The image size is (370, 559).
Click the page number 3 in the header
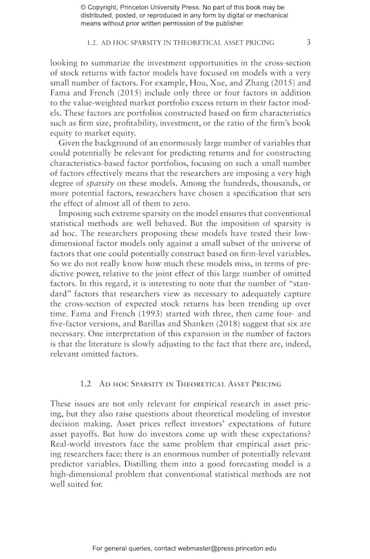point(308,43)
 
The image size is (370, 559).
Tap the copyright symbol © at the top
point(83,7)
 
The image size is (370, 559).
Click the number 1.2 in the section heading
point(86,383)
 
